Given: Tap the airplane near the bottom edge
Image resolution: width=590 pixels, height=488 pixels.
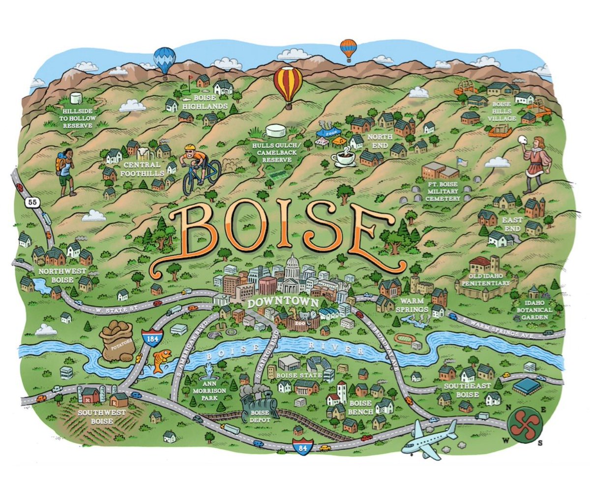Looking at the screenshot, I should (x=429, y=438).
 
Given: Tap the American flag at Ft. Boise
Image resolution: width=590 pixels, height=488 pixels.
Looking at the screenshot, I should (x=461, y=162).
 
